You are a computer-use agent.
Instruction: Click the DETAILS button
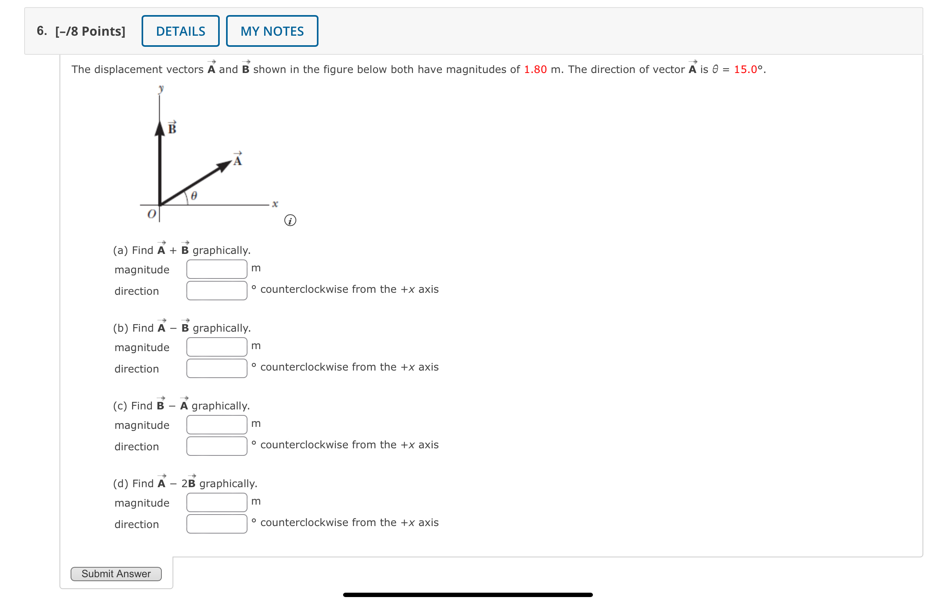tap(180, 31)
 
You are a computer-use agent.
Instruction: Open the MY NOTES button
tap(272, 31)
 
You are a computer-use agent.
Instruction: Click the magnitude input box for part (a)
tap(217, 269)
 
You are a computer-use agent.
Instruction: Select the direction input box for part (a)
tap(217, 291)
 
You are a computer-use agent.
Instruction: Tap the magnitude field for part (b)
tap(217, 347)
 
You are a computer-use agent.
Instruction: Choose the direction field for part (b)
tap(217, 369)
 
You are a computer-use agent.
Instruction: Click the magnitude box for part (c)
tap(217, 425)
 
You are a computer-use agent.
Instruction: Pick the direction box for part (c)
tap(217, 446)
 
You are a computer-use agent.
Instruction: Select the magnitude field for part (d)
tap(217, 503)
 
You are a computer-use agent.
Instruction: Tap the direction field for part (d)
tap(217, 524)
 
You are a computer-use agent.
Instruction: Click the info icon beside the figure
tap(290, 221)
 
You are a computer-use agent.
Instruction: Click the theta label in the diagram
tap(194, 196)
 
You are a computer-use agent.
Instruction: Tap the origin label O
tap(152, 215)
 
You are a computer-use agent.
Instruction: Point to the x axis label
tap(275, 204)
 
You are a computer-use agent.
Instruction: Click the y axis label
tap(161, 88)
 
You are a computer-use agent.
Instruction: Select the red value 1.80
tap(535, 69)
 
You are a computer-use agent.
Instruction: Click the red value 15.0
tap(746, 69)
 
